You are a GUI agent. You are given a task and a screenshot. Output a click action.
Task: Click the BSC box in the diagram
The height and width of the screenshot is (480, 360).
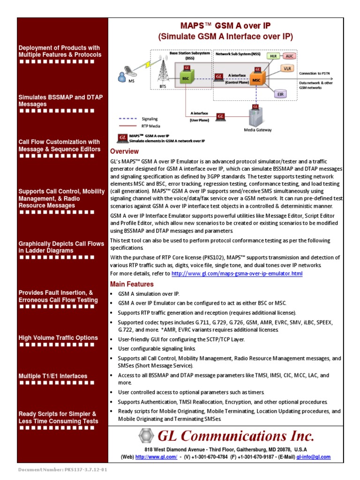186,79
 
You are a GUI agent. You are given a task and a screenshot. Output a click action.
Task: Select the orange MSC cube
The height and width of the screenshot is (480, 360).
256,80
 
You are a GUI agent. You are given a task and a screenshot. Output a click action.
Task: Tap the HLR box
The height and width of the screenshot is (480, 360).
273,56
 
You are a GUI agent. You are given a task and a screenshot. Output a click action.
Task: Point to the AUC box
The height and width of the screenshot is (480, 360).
290,56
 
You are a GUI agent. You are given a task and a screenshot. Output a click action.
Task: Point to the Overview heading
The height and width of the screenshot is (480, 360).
124,151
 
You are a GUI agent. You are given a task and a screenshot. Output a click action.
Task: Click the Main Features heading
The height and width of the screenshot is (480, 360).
132,284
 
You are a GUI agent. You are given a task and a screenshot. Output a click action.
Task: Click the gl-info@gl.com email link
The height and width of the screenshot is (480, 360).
314,457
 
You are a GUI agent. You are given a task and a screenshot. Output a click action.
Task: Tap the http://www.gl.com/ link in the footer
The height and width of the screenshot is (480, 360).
149,457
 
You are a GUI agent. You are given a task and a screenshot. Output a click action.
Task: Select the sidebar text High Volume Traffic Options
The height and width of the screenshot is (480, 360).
58,337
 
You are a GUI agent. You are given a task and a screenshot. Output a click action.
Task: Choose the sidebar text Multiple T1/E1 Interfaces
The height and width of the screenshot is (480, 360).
53,376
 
